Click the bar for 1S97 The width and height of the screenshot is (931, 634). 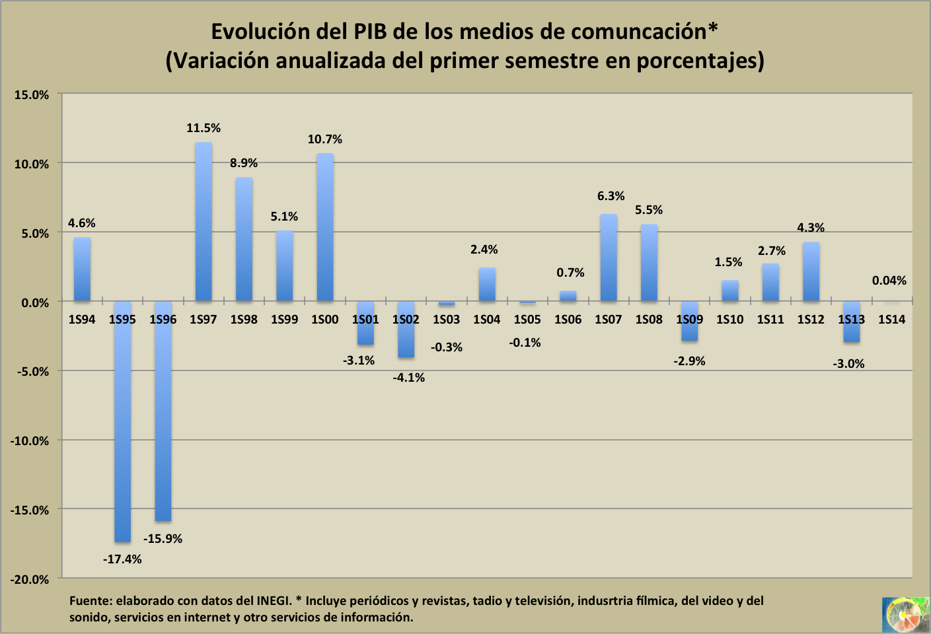coord(204,222)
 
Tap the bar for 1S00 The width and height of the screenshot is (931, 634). coord(325,227)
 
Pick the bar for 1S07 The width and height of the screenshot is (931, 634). coord(609,258)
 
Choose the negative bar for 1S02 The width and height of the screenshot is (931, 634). coord(406,330)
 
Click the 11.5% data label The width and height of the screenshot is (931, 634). coord(204,128)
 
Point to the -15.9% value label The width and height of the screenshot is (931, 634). coord(163,539)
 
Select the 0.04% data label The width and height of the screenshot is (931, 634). coord(889,281)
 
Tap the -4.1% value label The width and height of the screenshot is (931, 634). coord(409,378)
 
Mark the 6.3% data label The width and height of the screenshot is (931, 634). coord(611,196)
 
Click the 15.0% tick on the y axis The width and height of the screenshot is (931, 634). coord(32,95)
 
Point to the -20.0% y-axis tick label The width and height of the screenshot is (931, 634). coord(30,579)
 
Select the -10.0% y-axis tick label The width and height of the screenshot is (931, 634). coord(30,441)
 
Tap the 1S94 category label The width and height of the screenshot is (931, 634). coord(82,320)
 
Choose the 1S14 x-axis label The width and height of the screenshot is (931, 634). coord(891,320)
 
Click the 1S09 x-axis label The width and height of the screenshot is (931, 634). coord(689,320)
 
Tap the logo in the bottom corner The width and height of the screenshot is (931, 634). coord(905,614)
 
